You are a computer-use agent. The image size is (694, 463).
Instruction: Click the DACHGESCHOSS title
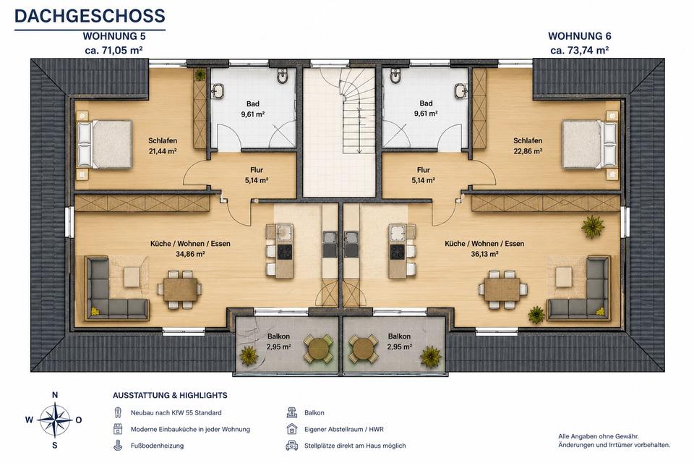pyautogui.click(x=90, y=15)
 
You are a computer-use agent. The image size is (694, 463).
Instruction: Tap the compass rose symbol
pyautogui.click(x=54, y=420)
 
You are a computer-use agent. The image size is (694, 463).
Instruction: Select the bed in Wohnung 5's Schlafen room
pyautogui.click(x=105, y=145)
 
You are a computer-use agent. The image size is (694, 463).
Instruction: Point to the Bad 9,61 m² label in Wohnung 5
pyautogui.click(x=253, y=109)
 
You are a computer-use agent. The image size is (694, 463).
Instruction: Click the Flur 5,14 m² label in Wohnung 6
pyautogui.click(x=423, y=175)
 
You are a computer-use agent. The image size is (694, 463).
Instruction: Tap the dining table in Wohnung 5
pyautogui.click(x=180, y=289)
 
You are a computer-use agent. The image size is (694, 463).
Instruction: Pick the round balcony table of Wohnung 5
pyautogui.click(x=318, y=349)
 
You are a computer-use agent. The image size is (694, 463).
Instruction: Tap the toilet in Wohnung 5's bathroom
pyautogui.click(x=283, y=76)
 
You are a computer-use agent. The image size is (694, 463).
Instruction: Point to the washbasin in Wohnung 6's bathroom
pyautogui.click(x=460, y=91)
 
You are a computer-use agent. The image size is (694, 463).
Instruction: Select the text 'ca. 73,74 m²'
pyautogui.click(x=579, y=50)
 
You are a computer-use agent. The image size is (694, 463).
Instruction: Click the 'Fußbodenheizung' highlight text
pyautogui.click(x=157, y=446)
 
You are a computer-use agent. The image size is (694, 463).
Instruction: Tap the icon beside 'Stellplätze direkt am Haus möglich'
pyautogui.click(x=291, y=446)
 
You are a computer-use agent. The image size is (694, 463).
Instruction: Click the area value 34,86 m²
pyautogui.click(x=190, y=255)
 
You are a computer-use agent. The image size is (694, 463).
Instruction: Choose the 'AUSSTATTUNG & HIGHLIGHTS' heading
pyautogui.click(x=170, y=395)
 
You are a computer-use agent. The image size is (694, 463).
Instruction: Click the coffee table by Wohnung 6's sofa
pyautogui.click(x=563, y=276)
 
